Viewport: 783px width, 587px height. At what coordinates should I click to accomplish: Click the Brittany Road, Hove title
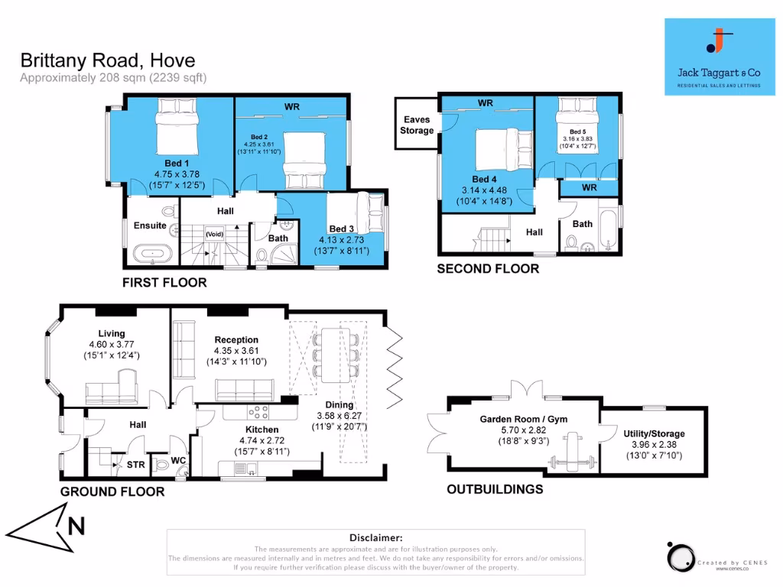107,60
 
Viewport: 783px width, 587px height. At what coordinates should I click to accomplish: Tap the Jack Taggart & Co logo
716,57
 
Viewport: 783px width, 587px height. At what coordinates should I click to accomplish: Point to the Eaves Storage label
416,125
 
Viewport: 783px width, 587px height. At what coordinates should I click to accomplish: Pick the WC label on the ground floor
178,461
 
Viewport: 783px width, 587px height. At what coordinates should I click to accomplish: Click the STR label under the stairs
135,463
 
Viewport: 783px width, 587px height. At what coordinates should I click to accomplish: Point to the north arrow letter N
75,526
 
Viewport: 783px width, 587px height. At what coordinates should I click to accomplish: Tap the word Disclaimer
375,538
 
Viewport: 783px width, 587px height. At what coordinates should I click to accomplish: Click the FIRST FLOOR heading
164,283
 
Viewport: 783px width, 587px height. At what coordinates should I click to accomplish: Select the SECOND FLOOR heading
487,269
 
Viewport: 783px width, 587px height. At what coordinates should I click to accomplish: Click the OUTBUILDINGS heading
494,489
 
